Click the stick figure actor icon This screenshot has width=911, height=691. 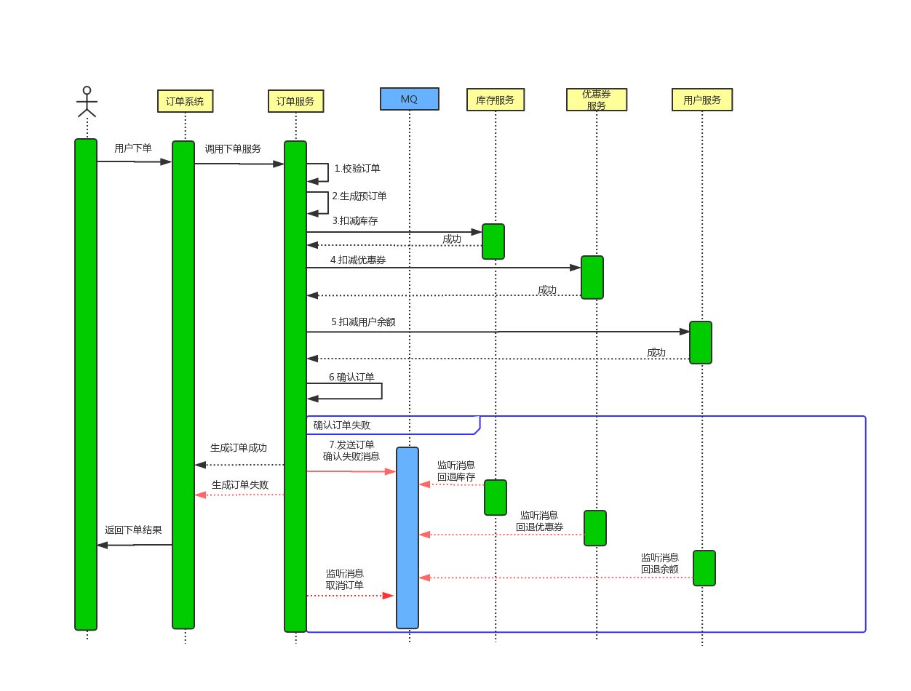[x=87, y=102]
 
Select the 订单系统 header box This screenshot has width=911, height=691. [x=185, y=101]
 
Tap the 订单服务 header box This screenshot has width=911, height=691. [x=295, y=101]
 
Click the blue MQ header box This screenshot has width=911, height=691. [x=409, y=99]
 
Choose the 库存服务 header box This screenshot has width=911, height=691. [x=495, y=100]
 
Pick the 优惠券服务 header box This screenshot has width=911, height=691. [x=597, y=100]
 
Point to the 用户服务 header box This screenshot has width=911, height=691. [x=702, y=100]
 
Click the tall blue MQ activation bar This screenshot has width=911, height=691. [x=407, y=538]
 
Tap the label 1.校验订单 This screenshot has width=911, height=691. [x=357, y=168]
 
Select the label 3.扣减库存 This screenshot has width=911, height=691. [x=355, y=220]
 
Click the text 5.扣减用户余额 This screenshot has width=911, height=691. [x=363, y=321]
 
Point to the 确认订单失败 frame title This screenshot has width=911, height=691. [x=342, y=425]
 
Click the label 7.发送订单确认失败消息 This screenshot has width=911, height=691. [x=351, y=450]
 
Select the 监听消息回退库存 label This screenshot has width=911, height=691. [x=456, y=471]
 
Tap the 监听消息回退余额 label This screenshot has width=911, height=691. [x=660, y=563]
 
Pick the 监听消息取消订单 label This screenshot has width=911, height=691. [x=345, y=579]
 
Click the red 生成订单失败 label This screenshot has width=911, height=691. [x=240, y=484]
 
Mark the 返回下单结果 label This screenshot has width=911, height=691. [x=133, y=530]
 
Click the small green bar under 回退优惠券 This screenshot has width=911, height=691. [x=595, y=528]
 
